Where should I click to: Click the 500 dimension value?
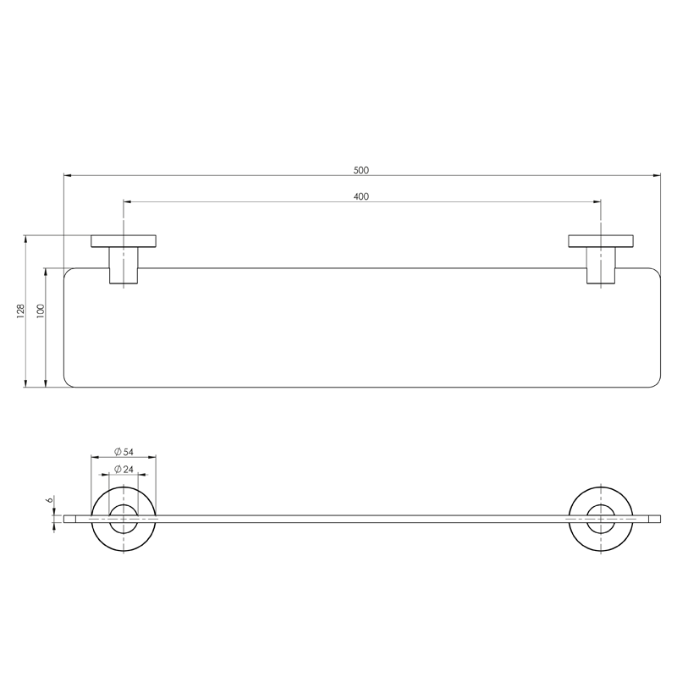pyautogui.click(x=361, y=170)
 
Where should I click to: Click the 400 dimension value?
pyautogui.click(x=361, y=196)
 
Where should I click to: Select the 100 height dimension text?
pyautogui.click(x=40, y=311)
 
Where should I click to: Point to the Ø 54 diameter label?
pyautogui.click(x=124, y=451)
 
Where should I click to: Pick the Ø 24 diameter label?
pyautogui.click(x=124, y=470)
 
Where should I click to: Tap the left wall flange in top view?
pyautogui.click(x=124, y=240)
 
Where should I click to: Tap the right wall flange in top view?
pyautogui.click(x=601, y=240)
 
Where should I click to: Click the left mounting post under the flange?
pyautogui.click(x=124, y=266)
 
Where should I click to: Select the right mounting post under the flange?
pyautogui.click(x=601, y=266)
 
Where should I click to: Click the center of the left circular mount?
pyautogui.click(x=124, y=519)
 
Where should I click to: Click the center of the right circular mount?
pyautogui.click(x=601, y=519)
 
